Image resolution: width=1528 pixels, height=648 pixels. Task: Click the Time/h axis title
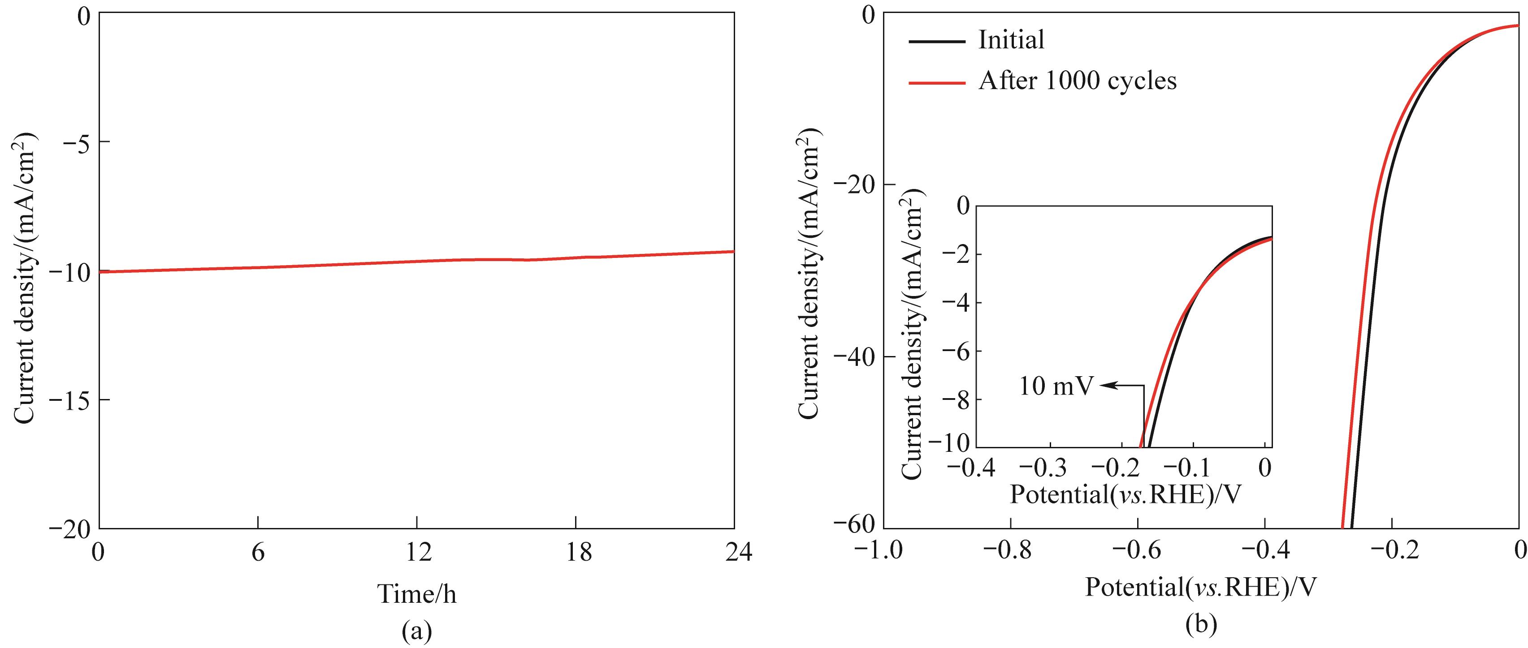tap(417, 593)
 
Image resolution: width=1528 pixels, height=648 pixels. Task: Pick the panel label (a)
tap(416, 632)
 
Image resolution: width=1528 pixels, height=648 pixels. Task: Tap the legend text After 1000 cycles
tap(1077, 81)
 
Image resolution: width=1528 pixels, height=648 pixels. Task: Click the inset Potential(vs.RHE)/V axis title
tap(1125, 494)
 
